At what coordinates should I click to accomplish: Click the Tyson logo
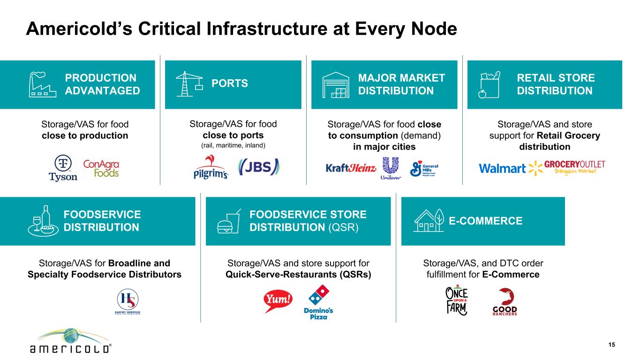click(x=63, y=168)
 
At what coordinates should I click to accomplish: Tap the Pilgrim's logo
click(x=211, y=167)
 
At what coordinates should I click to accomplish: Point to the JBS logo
click(x=259, y=167)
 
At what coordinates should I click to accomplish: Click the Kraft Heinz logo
click(x=351, y=168)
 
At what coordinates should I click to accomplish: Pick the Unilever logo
click(x=391, y=168)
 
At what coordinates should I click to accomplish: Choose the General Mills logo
click(x=424, y=169)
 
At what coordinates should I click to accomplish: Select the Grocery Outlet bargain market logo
click(x=574, y=167)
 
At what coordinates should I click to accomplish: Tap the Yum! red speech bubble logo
click(x=278, y=301)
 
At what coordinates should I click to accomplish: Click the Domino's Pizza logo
click(x=318, y=302)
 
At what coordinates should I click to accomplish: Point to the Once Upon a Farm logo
click(x=457, y=300)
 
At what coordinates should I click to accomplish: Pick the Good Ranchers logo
click(x=505, y=302)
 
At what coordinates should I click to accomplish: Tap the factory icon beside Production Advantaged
click(x=43, y=84)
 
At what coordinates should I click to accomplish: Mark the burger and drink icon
click(x=229, y=221)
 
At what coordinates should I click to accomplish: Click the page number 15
click(x=612, y=345)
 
